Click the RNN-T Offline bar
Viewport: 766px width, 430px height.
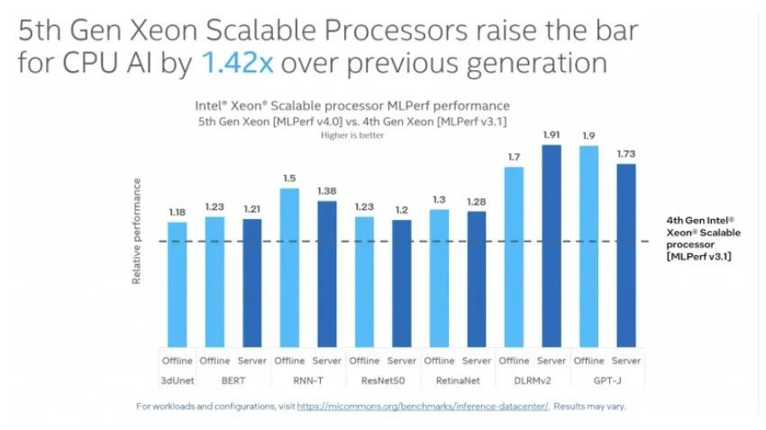tap(289, 266)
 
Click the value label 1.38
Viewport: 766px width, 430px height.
tap(327, 191)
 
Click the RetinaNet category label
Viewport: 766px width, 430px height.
tap(456, 380)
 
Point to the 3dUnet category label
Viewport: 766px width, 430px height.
tap(178, 380)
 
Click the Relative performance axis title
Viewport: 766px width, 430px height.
tap(137, 232)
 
